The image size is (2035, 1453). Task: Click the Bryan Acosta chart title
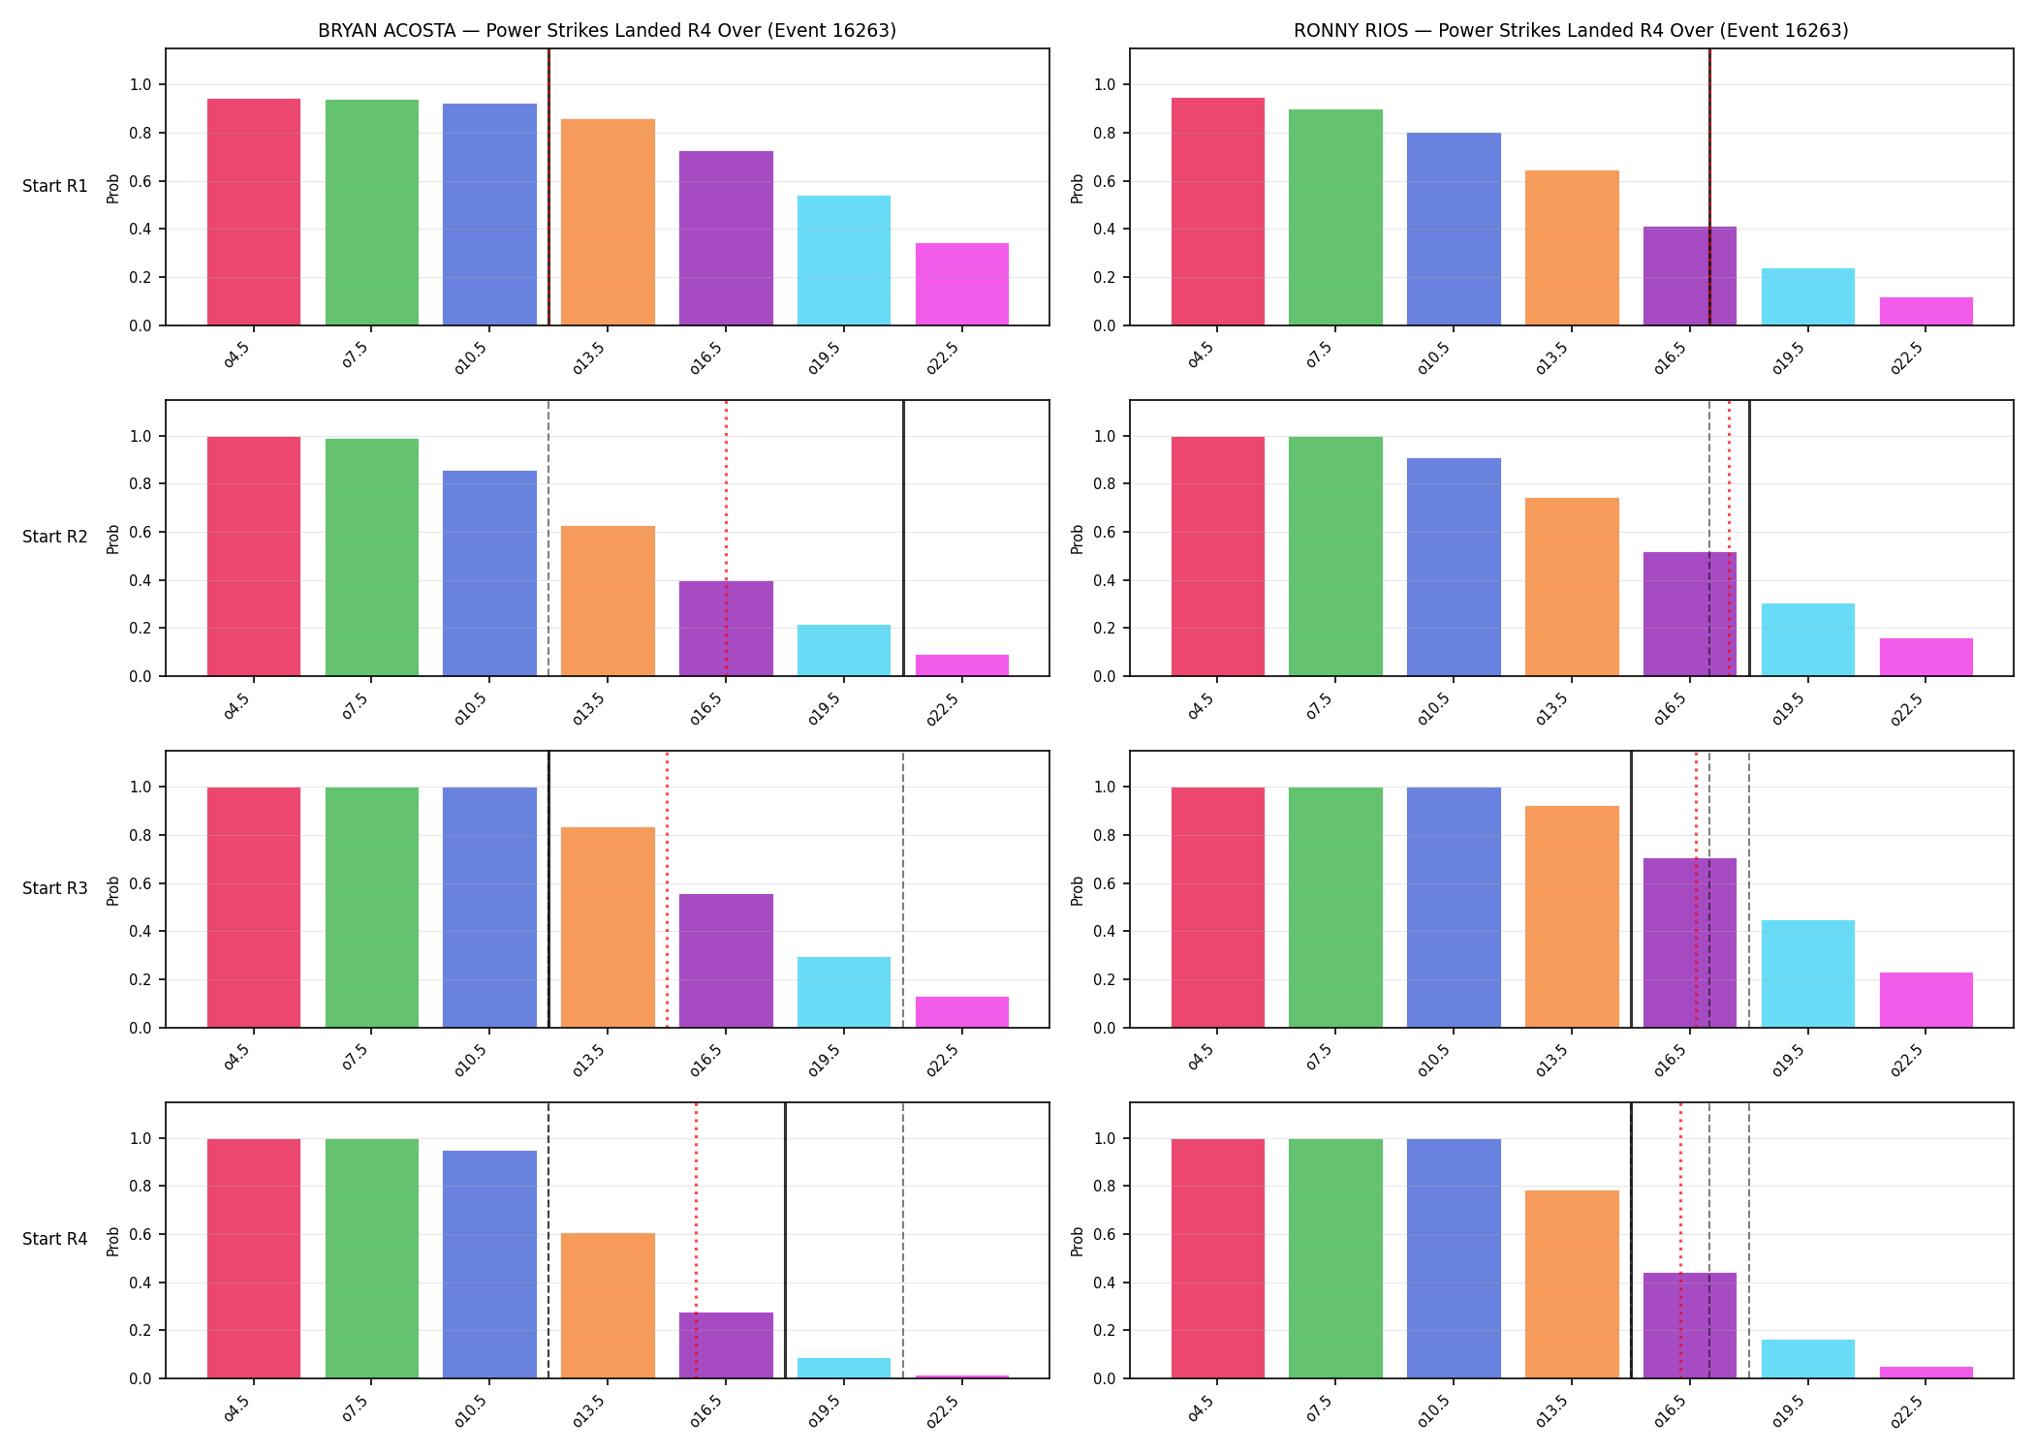(x=607, y=30)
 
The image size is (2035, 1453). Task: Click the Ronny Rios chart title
(x=1571, y=30)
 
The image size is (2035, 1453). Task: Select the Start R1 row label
(x=55, y=186)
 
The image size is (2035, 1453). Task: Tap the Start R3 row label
(x=55, y=888)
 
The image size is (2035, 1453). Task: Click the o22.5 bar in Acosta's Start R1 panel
(x=962, y=284)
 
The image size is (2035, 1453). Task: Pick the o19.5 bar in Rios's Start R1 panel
(x=1808, y=296)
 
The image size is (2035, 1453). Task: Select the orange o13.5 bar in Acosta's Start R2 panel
(x=608, y=601)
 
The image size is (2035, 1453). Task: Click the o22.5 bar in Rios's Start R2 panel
(x=1926, y=657)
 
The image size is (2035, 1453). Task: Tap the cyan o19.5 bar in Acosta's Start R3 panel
(x=844, y=992)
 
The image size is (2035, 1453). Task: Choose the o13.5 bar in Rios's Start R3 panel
(x=1572, y=916)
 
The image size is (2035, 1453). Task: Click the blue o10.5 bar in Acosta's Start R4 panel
(x=489, y=1264)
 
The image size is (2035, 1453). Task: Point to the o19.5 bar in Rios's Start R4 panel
(x=1808, y=1359)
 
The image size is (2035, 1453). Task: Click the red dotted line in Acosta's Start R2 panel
(x=726, y=538)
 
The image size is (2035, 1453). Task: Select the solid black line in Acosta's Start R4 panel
(x=785, y=1240)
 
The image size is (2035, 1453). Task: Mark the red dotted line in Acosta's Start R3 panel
(x=667, y=889)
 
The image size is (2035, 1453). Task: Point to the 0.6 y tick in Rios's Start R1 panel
(x=1105, y=181)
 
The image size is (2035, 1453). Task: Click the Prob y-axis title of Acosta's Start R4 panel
(x=113, y=1241)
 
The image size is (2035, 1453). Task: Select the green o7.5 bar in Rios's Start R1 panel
(x=1335, y=217)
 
